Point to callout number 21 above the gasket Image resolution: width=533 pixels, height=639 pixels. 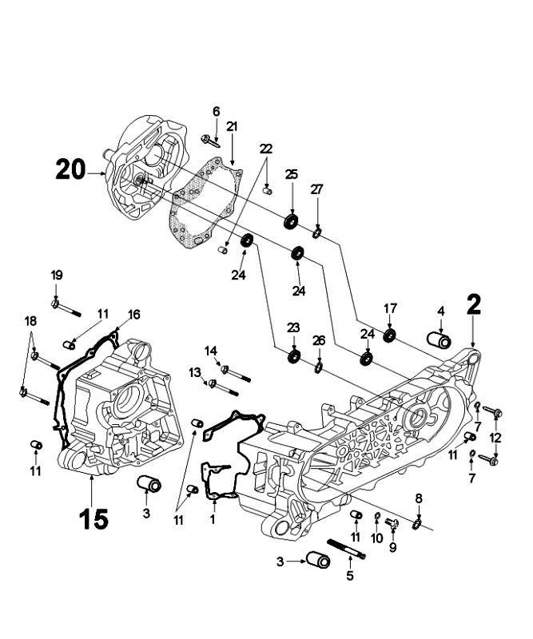tap(232, 126)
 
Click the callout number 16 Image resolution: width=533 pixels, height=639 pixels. tap(133, 313)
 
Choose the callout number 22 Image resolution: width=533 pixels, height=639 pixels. tap(266, 149)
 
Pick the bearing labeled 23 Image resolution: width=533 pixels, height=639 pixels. tap(294, 355)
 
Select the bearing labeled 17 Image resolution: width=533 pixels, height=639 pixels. tap(390, 335)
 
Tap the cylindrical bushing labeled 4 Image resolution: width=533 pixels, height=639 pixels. tap(440, 339)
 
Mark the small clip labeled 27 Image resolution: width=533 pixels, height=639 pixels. tap(317, 232)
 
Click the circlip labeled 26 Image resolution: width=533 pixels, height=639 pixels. tap(318, 367)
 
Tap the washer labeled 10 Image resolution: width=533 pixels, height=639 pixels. tap(377, 522)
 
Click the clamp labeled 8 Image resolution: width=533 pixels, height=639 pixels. tap(417, 523)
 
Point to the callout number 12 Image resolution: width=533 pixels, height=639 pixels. tap(495, 439)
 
